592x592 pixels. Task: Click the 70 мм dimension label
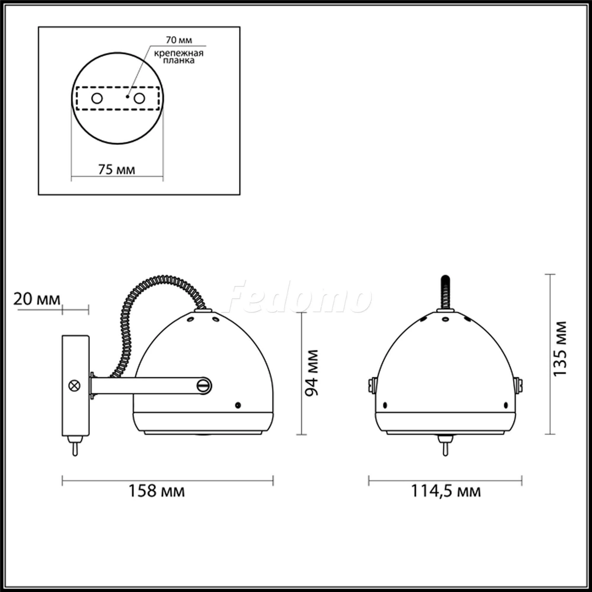pos(179,40)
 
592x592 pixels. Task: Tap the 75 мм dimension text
pos(116,169)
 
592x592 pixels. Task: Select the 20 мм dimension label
pos(37,299)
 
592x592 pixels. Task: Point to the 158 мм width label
pos(157,491)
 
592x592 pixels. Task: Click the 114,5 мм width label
pos(446,491)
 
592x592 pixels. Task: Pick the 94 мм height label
pos(312,373)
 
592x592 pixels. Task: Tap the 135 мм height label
pos(560,349)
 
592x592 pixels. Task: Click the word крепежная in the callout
pos(179,53)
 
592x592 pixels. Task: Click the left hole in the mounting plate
pos(97,98)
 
